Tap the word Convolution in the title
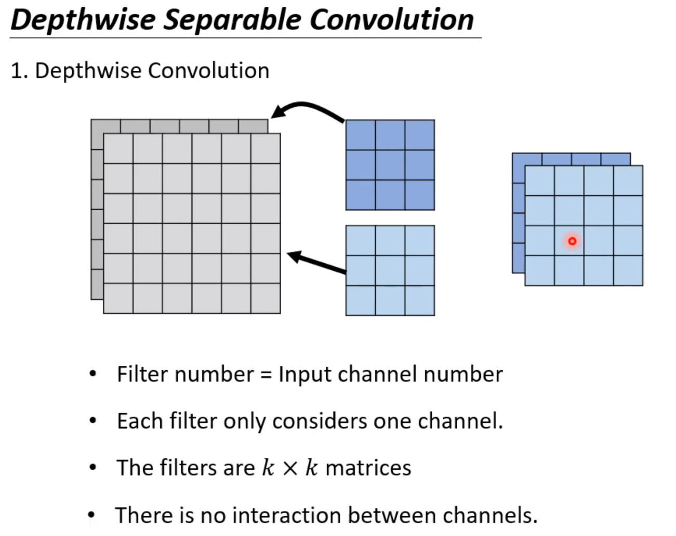(x=392, y=20)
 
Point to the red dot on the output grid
(x=572, y=241)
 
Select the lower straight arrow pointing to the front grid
(x=316, y=263)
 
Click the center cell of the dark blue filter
(x=390, y=165)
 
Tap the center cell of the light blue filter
(x=390, y=271)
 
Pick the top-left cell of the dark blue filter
(x=361, y=135)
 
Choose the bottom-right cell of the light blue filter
(x=420, y=301)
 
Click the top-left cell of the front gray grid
(x=118, y=149)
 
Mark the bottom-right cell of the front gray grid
(x=266, y=299)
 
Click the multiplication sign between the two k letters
(x=290, y=468)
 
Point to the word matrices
(x=368, y=468)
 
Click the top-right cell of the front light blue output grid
(x=628, y=181)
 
